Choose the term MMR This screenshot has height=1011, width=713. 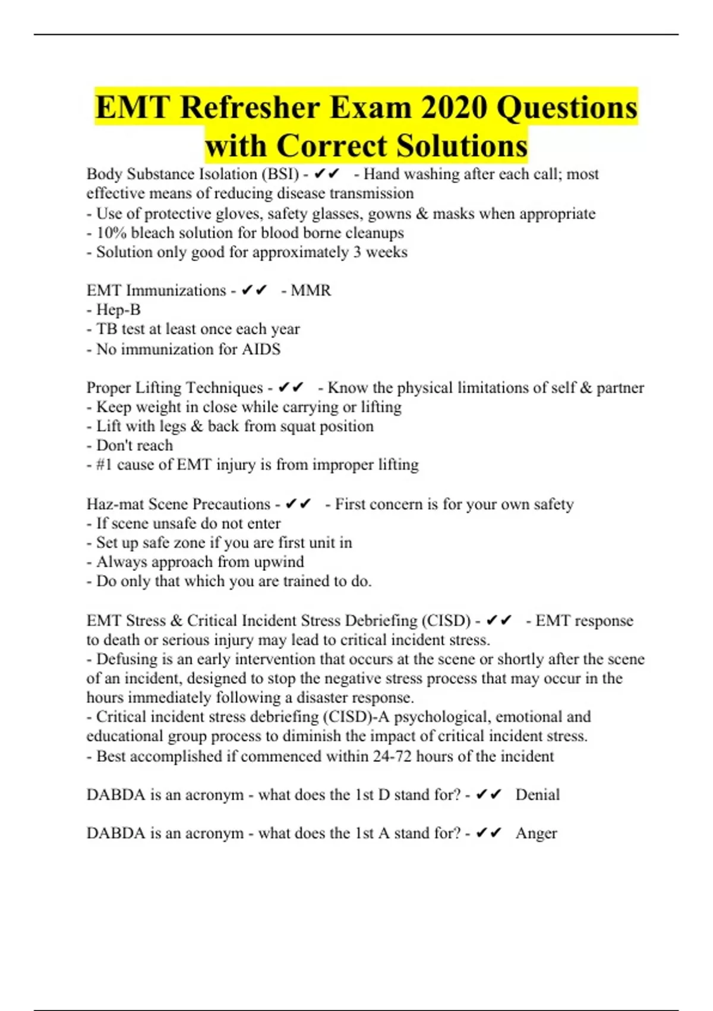tap(311, 290)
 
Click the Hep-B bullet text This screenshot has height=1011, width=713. tap(118, 310)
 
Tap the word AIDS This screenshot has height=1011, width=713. tap(261, 349)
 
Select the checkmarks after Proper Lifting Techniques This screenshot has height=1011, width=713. tap(291, 388)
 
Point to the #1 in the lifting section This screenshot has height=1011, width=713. tap(104, 464)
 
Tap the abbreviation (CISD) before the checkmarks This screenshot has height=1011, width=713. tap(446, 621)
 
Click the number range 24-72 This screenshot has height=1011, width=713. tap(392, 756)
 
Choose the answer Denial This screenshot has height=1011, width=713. tap(538, 795)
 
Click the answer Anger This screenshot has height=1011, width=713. tap(536, 834)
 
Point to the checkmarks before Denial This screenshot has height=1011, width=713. tap(489, 795)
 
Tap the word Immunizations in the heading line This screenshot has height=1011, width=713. tap(176, 290)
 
